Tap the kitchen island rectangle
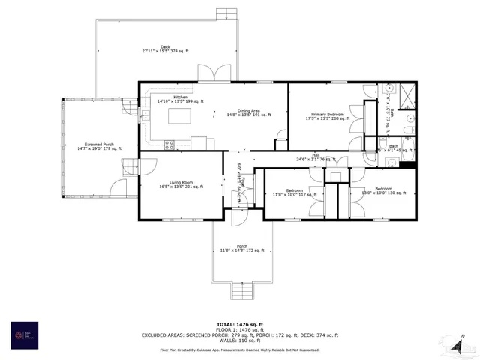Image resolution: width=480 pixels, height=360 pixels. click(178, 117)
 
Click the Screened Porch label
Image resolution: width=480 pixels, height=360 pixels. click(91, 147)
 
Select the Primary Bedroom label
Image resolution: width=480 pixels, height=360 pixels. click(325, 116)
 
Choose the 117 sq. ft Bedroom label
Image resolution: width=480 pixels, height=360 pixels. click(289, 192)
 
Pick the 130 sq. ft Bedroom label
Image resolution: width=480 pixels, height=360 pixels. click(383, 190)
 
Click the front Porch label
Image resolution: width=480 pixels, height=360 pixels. click(241, 248)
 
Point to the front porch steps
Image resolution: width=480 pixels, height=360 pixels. click(241, 292)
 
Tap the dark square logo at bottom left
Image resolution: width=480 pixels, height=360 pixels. click(24, 334)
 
